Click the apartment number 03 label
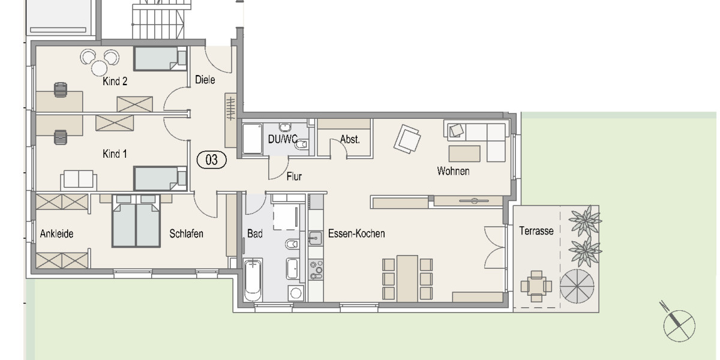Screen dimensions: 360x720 (x=212, y=160)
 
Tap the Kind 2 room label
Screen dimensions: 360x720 (x=115, y=82)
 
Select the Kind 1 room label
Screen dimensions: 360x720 (x=115, y=154)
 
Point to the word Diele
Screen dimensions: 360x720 (x=205, y=80)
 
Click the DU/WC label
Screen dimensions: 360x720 (x=283, y=140)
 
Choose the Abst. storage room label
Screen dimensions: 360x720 (x=350, y=140)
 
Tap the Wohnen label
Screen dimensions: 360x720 (x=453, y=172)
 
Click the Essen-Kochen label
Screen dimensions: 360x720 (x=356, y=234)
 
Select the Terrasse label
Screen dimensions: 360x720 (x=536, y=230)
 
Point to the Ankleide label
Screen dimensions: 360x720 (x=56, y=234)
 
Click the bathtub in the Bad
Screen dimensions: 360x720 (x=253, y=279)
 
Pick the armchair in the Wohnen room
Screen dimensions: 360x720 (x=407, y=139)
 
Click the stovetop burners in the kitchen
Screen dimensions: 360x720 (x=316, y=271)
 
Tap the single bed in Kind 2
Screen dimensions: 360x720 (x=159, y=59)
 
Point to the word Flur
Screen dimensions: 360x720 (x=294, y=177)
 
